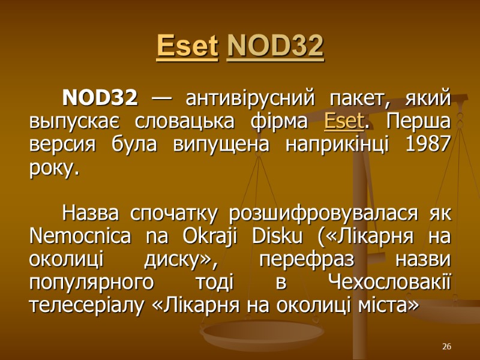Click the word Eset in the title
point(187,47)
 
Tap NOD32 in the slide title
point(276,47)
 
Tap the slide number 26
point(446,346)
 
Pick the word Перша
point(420,122)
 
